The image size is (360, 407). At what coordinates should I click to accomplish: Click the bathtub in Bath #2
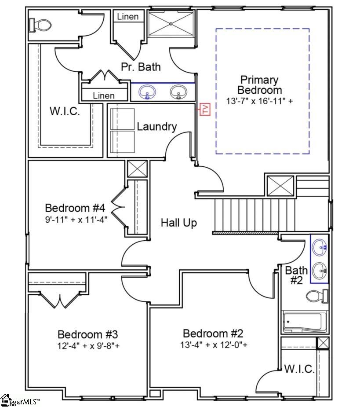(304, 323)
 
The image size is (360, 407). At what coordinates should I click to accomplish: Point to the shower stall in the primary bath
(171, 24)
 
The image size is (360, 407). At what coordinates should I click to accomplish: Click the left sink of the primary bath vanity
(147, 92)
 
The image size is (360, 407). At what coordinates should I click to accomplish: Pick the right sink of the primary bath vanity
(178, 92)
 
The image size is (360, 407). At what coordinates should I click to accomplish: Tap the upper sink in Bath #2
(320, 247)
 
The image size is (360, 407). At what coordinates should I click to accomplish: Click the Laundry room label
(157, 127)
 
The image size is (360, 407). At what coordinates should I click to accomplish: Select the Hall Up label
(178, 223)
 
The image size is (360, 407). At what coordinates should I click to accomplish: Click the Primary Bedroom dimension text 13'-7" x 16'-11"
(260, 101)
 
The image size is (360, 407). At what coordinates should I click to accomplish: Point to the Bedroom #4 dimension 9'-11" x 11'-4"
(76, 218)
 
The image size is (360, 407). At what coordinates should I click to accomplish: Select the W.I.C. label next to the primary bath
(65, 111)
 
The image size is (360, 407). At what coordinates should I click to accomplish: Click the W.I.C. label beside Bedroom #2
(299, 369)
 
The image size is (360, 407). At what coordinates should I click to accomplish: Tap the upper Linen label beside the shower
(127, 17)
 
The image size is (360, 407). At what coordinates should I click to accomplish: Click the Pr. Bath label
(141, 67)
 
